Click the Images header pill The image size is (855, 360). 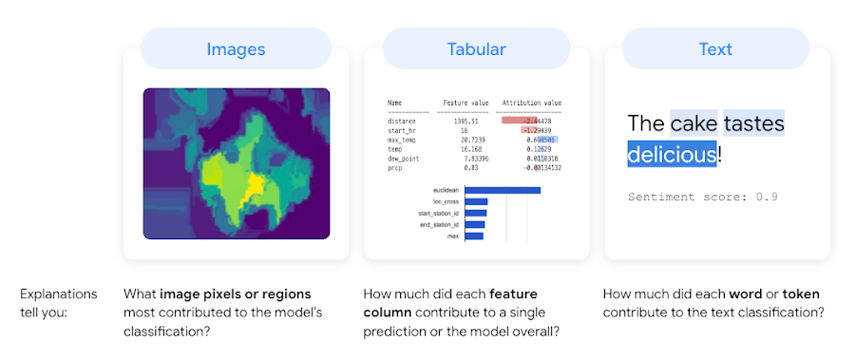pos(236,48)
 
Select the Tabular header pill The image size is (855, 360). pos(476,48)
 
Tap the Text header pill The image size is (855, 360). pos(715,48)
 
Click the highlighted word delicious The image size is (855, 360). pos(672,153)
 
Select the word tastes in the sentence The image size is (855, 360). pos(753,123)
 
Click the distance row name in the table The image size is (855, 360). pos(402,121)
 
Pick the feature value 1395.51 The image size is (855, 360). pos(461,121)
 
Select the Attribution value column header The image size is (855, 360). pos(531,102)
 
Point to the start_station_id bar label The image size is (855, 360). pos(438,213)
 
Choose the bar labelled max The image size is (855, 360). pos(474,236)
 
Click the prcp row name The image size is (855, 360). pos(395,167)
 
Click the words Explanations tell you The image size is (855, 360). pos(59,302)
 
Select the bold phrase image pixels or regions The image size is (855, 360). pos(236,294)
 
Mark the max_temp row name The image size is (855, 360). pos(402,140)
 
